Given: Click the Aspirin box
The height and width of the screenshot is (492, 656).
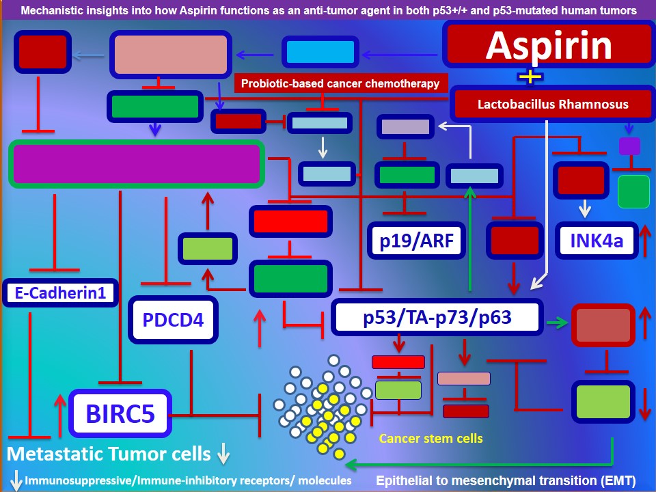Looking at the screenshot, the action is pos(549,45).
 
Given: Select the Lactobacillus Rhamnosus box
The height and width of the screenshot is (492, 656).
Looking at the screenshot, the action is pos(553,104).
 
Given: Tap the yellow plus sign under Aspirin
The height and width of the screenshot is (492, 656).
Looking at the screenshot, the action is pos(530,77).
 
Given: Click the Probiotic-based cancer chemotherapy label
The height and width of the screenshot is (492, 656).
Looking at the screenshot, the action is pos(340,83).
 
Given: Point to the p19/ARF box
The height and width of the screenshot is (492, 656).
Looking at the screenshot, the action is pos(416,241).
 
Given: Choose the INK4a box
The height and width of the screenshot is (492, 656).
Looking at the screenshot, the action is pos(597,241).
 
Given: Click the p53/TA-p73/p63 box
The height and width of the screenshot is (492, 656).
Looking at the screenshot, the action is pos(437,317).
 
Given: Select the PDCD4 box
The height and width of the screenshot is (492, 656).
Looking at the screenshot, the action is pos(173,320).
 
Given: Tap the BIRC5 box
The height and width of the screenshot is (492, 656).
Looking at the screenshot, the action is pos(120,413).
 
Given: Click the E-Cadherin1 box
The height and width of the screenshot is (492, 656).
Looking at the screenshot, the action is pos(61,293).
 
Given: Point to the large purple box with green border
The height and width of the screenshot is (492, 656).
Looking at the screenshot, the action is pos(137,163).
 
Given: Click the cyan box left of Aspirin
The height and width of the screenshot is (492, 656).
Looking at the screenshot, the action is pos(320,52).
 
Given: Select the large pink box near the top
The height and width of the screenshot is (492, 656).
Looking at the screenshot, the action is pos(171,55).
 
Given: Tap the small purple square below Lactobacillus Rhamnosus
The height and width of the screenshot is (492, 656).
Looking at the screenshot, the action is pos(629,146).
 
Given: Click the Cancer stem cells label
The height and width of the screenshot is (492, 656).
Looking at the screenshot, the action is pos(431,439).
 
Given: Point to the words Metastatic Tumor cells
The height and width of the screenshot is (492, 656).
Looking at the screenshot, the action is pos(109,454).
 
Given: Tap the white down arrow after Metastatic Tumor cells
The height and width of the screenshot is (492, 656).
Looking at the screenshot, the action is pos(224,454).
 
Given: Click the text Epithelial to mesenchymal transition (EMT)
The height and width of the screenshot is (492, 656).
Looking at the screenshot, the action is pos(506,480).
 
